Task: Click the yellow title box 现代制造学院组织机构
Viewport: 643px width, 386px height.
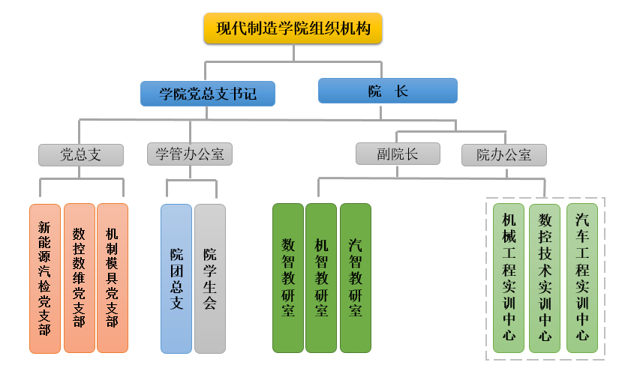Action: [x=293, y=29]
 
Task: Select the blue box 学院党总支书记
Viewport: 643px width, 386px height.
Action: [x=208, y=94]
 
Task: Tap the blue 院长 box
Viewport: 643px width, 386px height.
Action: [x=388, y=91]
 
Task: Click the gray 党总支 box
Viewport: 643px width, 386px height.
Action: [x=80, y=154]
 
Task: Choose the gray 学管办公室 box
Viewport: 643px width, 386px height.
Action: [x=190, y=154]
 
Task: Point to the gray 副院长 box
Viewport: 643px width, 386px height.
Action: [x=397, y=154]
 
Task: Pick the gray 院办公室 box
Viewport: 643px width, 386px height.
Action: [x=504, y=155]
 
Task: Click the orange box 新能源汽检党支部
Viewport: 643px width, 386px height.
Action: [x=45, y=277]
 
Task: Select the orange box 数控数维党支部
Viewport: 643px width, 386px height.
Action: [x=79, y=277]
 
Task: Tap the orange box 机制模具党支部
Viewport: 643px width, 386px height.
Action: [x=113, y=277]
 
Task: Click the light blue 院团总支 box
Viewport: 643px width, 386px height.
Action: [x=176, y=277]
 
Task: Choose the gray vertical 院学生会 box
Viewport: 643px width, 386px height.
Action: [x=210, y=277]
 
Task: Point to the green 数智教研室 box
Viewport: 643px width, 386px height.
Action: [x=288, y=277]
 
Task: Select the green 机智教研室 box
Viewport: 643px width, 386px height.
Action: [x=321, y=277]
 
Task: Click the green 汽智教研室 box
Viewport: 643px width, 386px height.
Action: [x=356, y=277]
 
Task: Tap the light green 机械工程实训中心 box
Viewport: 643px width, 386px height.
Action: [x=509, y=277]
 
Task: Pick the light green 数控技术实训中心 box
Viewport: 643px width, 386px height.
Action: [x=545, y=277]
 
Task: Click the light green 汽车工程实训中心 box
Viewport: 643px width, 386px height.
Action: [x=582, y=277]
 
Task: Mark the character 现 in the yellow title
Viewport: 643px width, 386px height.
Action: [x=223, y=29]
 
